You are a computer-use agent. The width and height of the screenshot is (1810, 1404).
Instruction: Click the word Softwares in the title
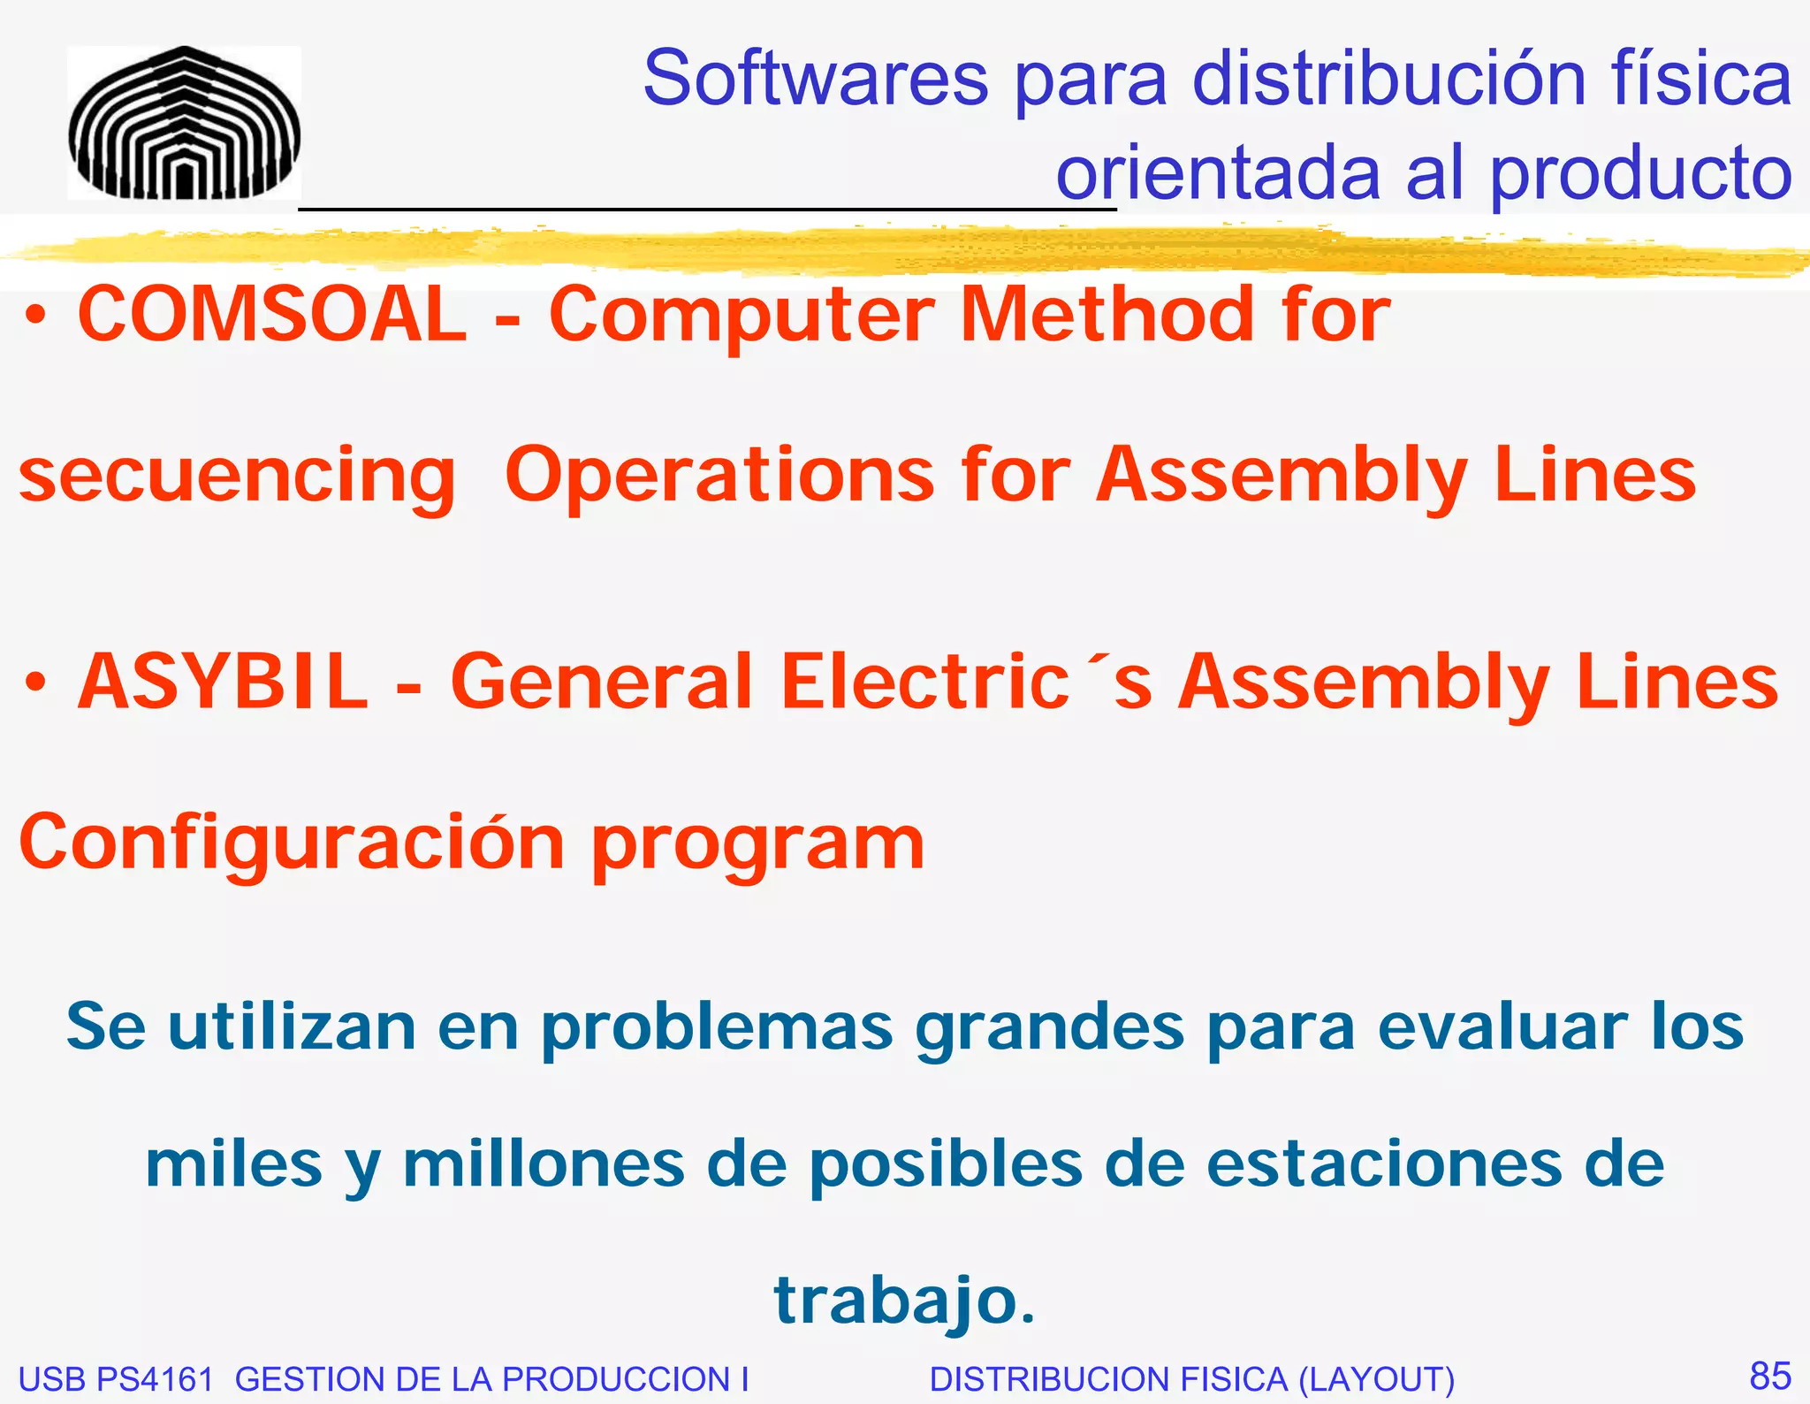click(815, 79)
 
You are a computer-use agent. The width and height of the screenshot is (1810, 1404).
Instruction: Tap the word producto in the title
click(1640, 173)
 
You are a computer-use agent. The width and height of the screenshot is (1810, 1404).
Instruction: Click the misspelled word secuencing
click(237, 476)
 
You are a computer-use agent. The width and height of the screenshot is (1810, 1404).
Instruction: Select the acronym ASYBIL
click(223, 682)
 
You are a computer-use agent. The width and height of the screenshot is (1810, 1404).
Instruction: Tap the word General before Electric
click(601, 682)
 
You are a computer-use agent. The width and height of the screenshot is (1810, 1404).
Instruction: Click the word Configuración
click(292, 843)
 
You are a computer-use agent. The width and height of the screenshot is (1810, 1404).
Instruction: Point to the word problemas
click(717, 1027)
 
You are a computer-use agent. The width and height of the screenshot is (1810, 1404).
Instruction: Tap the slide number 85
click(1770, 1376)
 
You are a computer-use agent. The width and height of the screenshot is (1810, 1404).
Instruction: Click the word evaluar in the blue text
click(1502, 1027)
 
